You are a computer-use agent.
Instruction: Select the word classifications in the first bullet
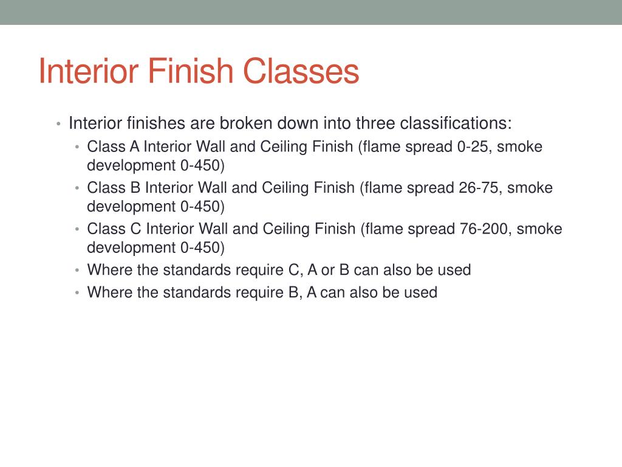click(456, 123)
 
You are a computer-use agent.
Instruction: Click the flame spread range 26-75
click(479, 188)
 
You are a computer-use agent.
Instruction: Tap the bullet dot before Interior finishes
click(58, 125)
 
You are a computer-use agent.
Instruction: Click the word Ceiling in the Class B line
click(285, 188)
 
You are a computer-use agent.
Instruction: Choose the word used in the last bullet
click(423, 292)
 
